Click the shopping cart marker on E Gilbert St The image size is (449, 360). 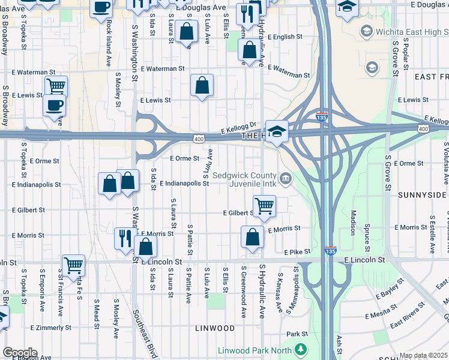tap(264, 206)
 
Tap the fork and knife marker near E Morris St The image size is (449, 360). tap(124, 237)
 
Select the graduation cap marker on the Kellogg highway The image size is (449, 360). tap(277, 131)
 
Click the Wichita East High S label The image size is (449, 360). tap(406, 31)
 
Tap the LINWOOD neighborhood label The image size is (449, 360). tap(215, 328)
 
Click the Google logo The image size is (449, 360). tap(20, 353)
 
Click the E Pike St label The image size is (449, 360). tap(298, 251)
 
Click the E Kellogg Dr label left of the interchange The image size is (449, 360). tap(238, 128)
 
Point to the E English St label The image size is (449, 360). tap(285, 37)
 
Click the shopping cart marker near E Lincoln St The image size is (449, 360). tap(73, 264)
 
